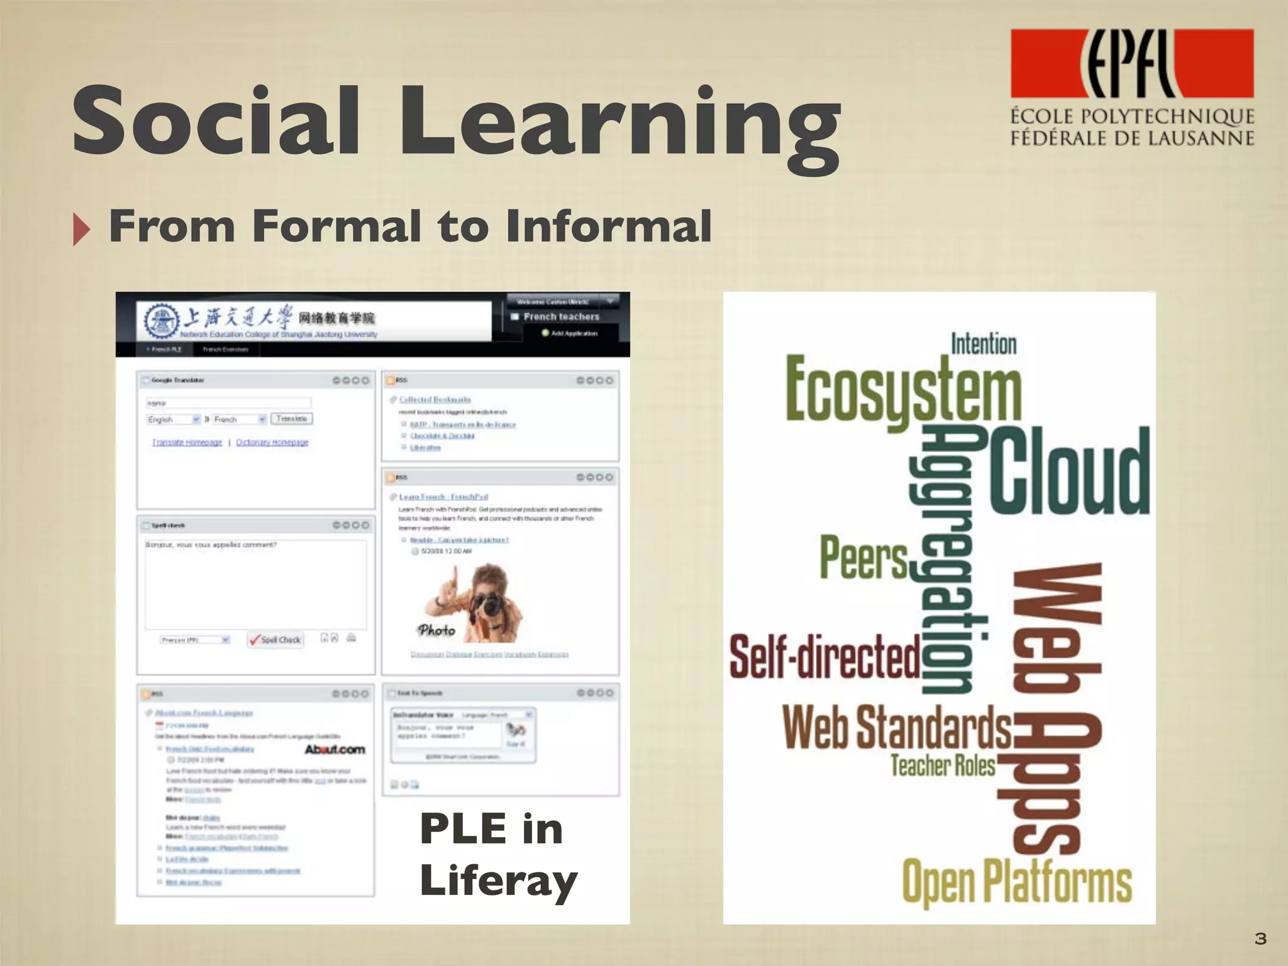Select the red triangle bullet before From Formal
(x=81, y=229)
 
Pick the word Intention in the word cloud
(x=983, y=344)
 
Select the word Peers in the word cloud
(x=864, y=557)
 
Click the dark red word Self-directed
(x=824, y=657)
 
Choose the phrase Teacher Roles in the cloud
(x=943, y=765)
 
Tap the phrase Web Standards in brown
(x=897, y=728)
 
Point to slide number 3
(x=1260, y=938)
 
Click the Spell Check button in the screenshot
(x=275, y=640)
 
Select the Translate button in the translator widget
(x=291, y=419)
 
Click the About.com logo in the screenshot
(x=335, y=750)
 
